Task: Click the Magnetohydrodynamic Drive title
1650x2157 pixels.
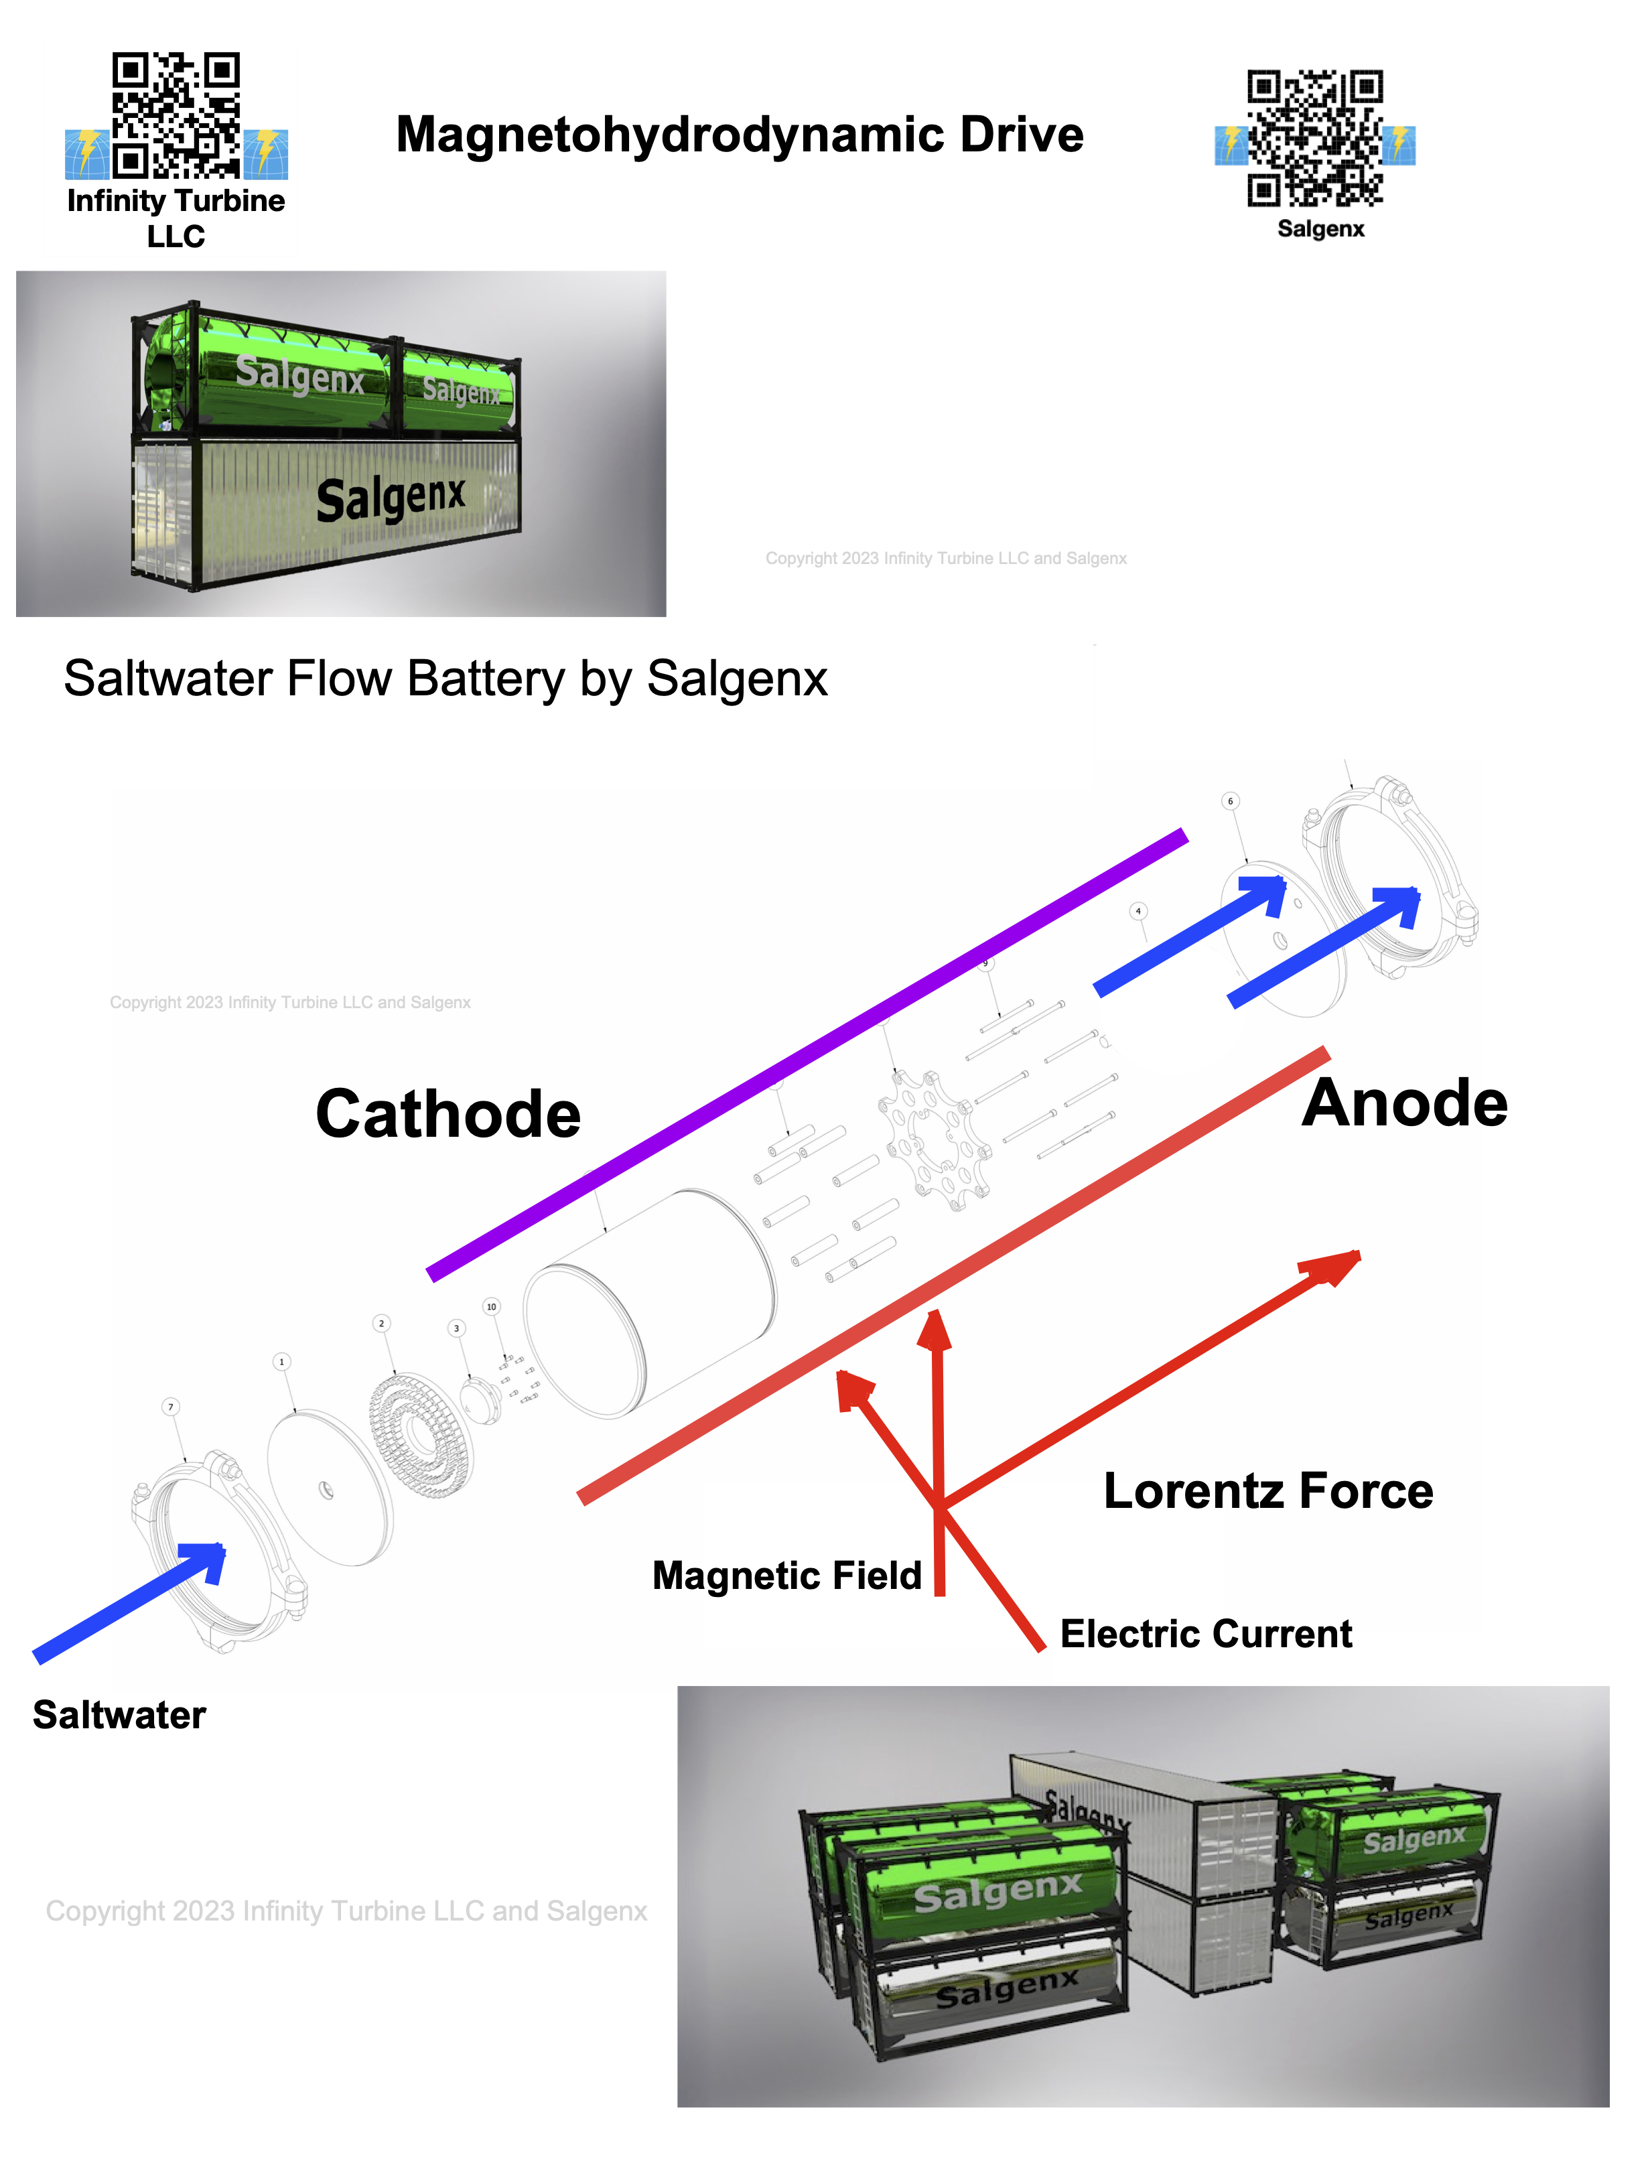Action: (740, 135)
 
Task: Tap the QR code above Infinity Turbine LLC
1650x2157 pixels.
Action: (176, 116)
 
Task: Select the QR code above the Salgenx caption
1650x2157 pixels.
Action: (1315, 139)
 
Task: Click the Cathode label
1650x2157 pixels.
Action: (448, 1115)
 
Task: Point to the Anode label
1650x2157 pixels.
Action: (1404, 1103)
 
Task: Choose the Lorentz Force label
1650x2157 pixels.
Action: (1268, 1491)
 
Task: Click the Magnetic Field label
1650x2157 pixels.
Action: (786, 1576)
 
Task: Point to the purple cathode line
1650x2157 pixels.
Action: (805, 1056)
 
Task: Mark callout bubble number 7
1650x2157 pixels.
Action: (171, 1407)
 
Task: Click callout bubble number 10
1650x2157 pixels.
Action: (491, 1306)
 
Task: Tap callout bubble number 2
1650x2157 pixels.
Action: (382, 1323)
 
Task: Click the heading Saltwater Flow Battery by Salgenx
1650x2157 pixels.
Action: (445, 679)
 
